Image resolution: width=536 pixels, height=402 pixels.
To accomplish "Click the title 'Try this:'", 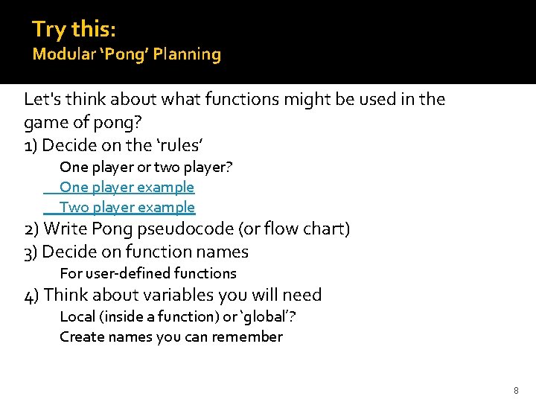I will click(x=73, y=29).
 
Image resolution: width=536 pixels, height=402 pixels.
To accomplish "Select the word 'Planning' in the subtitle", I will click(x=192, y=54).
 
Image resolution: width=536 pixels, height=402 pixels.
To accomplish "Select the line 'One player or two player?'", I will click(x=146, y=167).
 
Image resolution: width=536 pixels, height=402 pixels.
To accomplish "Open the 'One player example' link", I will click(x=127, y=187).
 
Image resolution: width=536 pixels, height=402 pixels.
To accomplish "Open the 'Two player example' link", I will click(x=127, y=207).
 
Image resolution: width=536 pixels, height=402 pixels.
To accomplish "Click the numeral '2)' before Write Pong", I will click(x=32, y=229).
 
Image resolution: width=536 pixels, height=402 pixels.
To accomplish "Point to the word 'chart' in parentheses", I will click(x=325, y=229).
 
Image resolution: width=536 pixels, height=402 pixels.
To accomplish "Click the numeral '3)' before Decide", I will click(x=31, y=252).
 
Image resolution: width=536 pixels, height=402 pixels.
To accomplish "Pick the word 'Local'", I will click(x=77, y=316).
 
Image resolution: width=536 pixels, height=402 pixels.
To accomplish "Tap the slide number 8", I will click(x=516, y=391).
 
